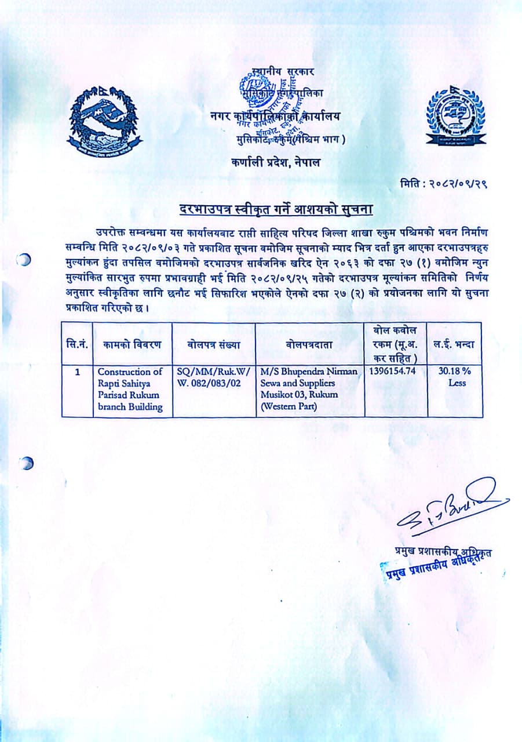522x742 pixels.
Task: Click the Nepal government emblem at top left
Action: [x=104, y=122]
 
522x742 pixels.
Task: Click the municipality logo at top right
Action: [x=456, y=115]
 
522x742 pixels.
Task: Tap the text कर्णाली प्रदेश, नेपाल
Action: [x=275, y=163]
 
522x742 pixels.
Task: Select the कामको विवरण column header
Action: [x=132, y=344]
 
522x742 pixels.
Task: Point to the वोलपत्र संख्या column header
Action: [x=214, y=344]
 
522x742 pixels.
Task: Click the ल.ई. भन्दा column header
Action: [x=455, y=344]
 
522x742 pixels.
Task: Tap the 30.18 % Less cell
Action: [x=455, y=377]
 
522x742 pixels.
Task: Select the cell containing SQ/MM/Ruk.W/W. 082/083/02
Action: [x=213, y=377]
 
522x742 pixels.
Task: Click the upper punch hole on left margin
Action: [x=24, y=260]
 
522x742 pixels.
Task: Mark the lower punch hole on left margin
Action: [x=25, y=463]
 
